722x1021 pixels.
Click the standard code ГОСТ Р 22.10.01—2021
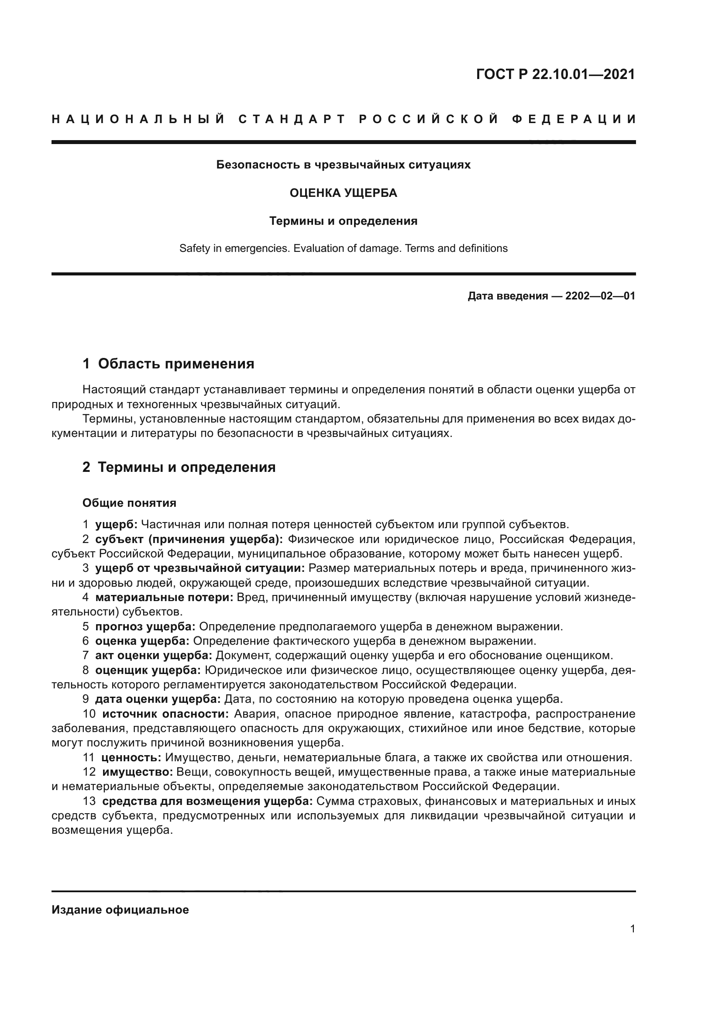(555, 74)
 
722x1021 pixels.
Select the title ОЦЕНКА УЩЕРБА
(343, 193)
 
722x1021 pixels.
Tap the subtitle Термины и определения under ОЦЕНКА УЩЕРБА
(343, 221)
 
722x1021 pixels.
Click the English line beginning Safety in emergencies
(343, 248)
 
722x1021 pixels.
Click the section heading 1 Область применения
(168, 364)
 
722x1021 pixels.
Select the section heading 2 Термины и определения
(179, 468)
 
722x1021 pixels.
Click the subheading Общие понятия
(129, 503)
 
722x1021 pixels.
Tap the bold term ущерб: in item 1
(117, 525)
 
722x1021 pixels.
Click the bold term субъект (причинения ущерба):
(189, 540)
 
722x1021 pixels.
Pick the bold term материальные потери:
(164, 598)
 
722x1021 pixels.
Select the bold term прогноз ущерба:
(145, 626)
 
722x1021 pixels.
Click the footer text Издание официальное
(120, 910)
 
